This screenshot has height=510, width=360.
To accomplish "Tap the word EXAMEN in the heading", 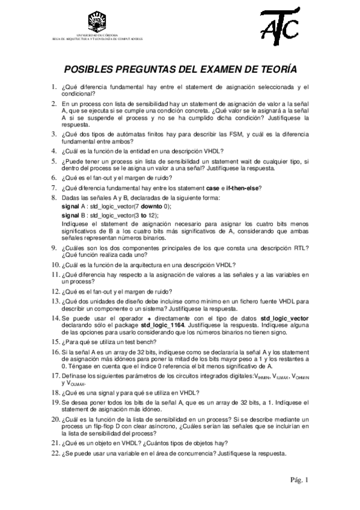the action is (x=206, y=69).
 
